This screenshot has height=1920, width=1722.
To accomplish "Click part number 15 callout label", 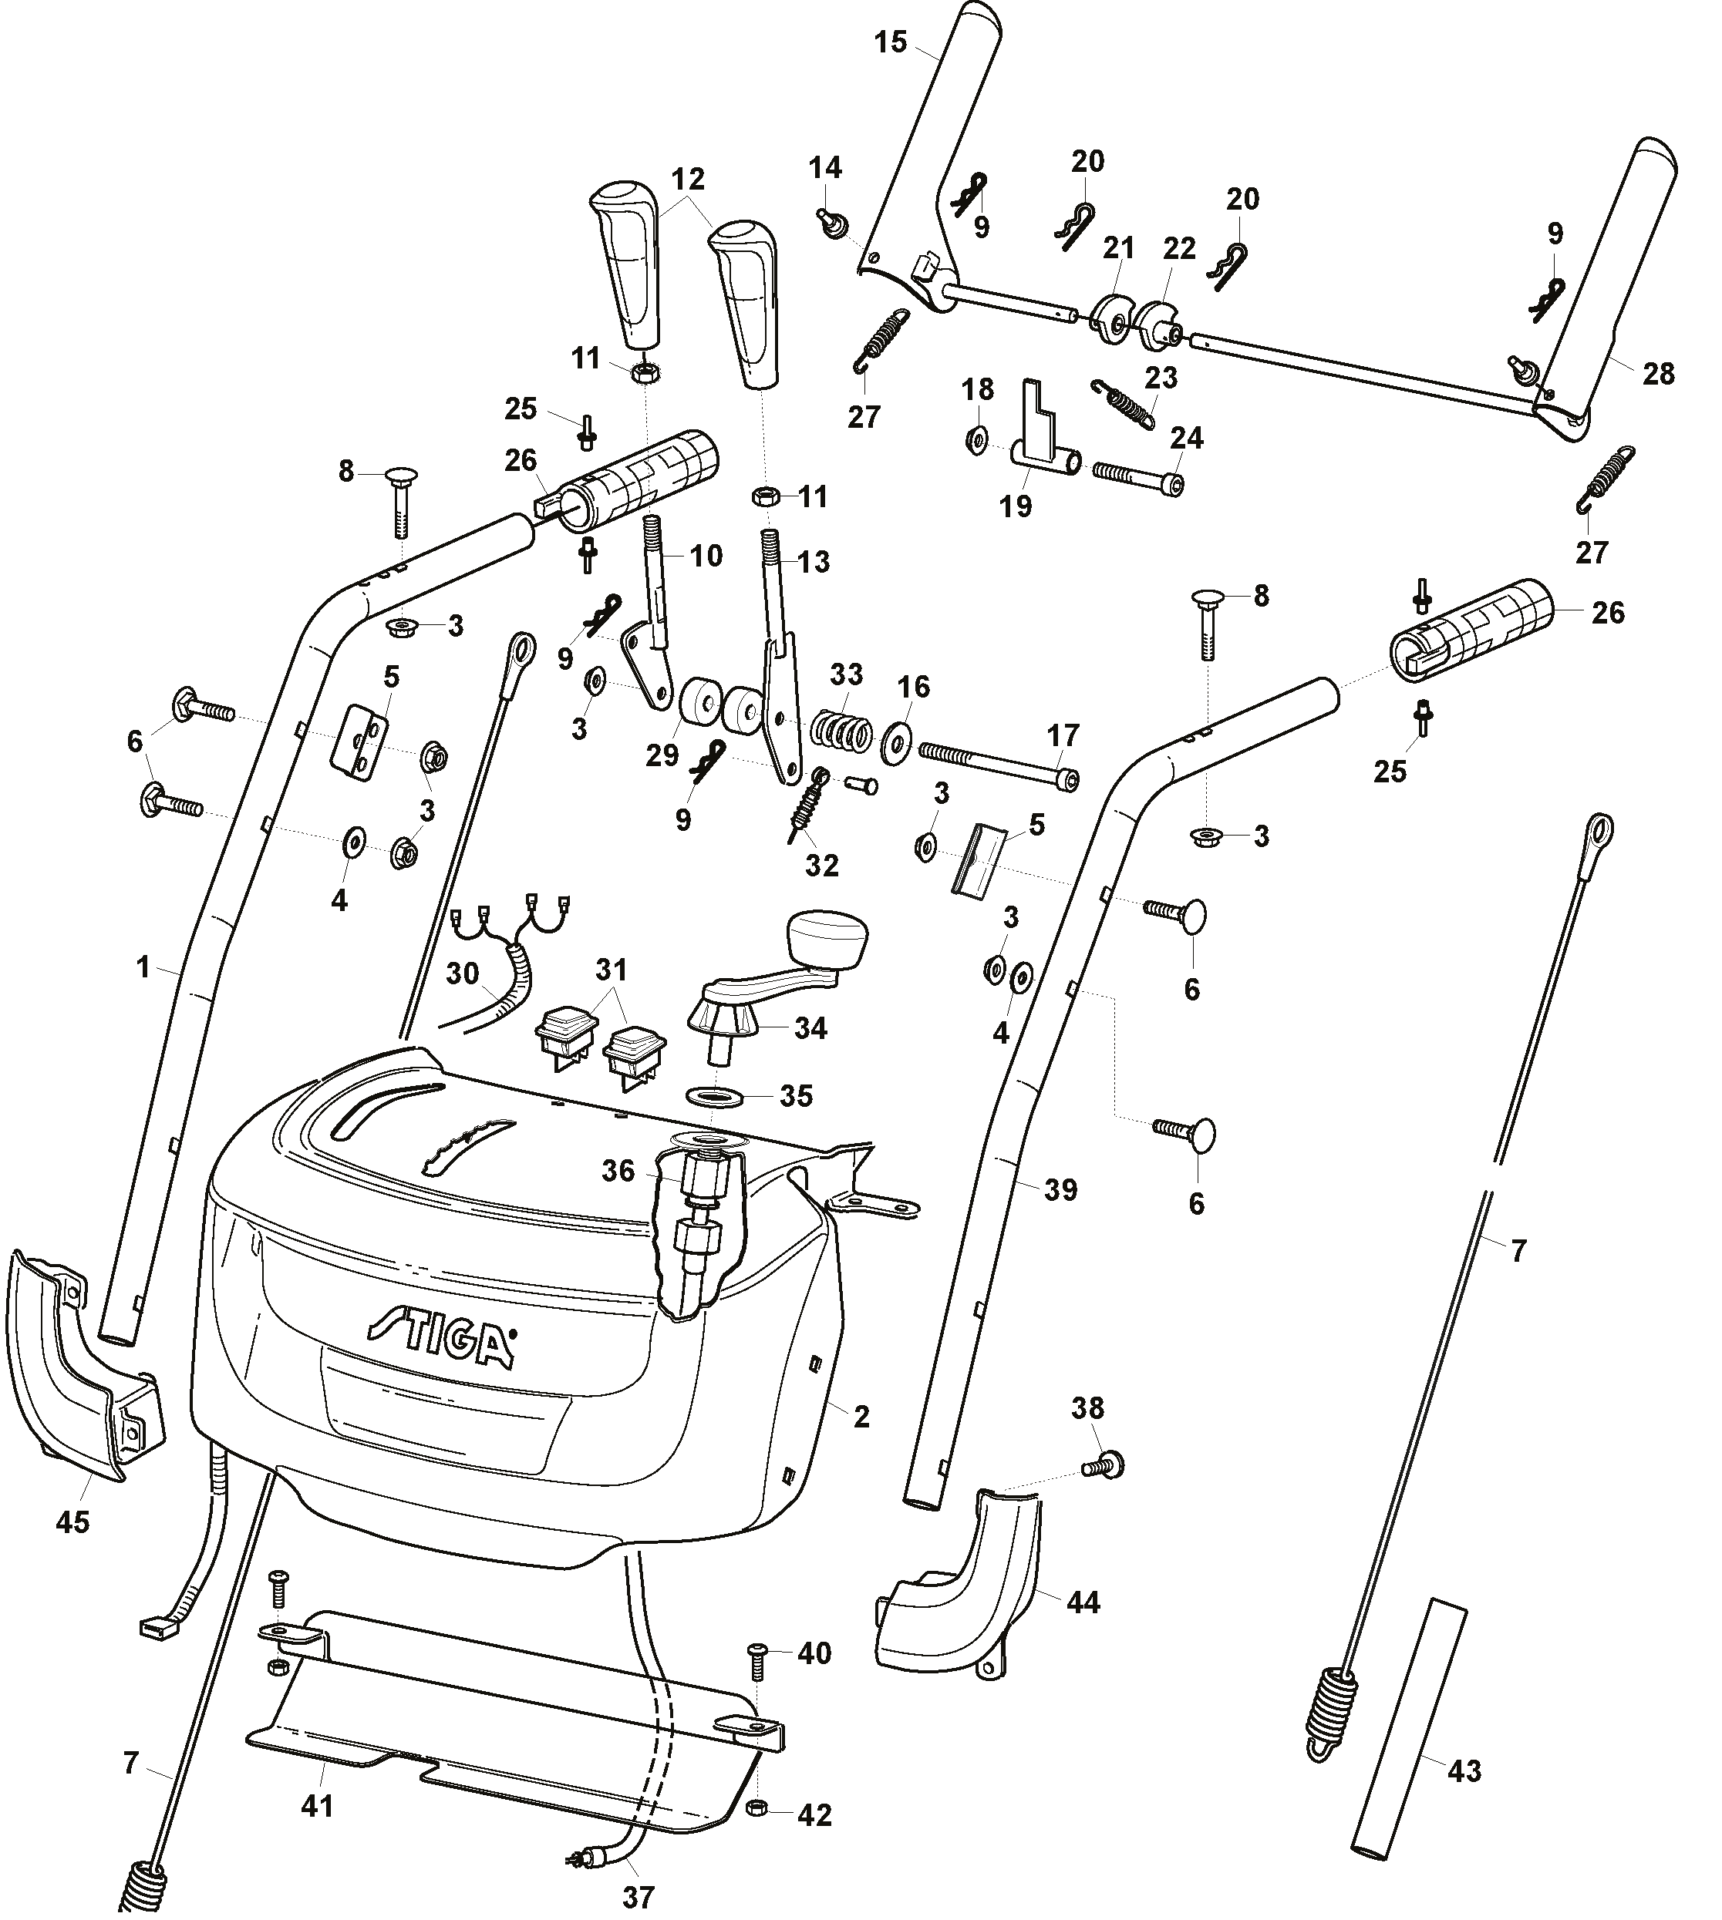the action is [891, 42].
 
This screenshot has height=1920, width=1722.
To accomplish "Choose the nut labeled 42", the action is [755, 1807].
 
